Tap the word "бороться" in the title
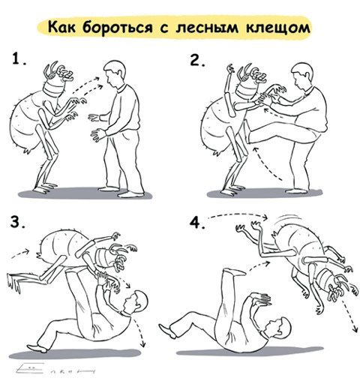pyautogui.click(x=120, y=28)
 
